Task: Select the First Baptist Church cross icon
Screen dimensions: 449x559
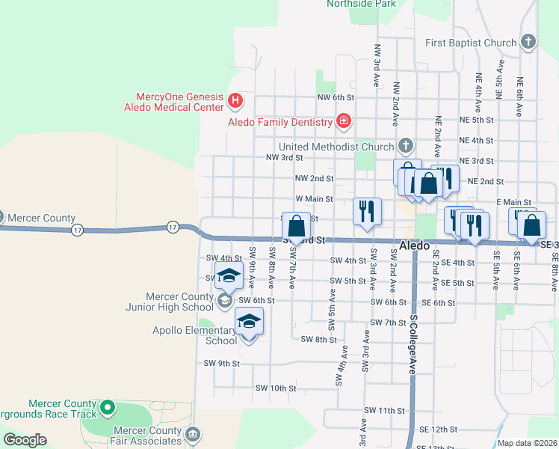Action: point(528,42)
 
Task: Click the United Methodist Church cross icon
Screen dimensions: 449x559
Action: point(406,145)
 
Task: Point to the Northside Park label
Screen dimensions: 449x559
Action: point(361,4)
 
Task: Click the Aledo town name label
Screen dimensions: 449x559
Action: point(415,245)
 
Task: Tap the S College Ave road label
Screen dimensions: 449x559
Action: point(412,344)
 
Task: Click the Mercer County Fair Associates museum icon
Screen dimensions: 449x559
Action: point(194,434)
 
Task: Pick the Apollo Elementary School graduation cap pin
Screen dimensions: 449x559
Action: point(248,323)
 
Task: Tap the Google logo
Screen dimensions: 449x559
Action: point(25,440)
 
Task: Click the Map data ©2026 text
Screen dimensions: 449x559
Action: point(527,443)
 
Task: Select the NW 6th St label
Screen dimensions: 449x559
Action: point(335,98)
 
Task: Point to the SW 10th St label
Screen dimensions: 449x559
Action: point(276,388)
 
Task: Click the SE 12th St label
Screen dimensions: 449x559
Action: point(437,430)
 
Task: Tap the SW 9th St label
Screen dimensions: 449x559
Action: point(221,364)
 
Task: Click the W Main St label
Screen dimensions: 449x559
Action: point(314,199)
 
